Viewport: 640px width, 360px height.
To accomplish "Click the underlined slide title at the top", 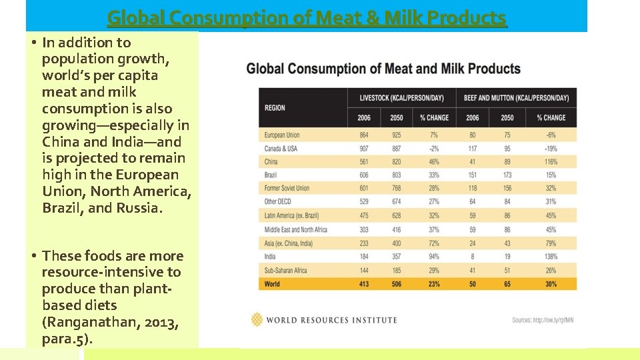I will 307,17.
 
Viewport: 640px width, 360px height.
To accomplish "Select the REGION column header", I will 275,107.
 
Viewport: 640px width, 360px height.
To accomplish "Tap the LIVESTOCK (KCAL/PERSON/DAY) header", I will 402,97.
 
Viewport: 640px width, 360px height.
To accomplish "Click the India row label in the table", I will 270,257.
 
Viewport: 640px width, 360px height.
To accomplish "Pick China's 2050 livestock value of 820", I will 397,161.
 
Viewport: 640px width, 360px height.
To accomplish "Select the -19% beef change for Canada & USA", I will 550,148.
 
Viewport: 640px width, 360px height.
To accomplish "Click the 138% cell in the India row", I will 550,257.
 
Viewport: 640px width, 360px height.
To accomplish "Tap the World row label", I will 272,284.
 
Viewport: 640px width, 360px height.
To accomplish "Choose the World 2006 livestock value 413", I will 364,284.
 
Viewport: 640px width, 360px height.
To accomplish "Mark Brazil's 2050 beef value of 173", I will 506,175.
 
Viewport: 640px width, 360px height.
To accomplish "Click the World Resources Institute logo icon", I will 257,319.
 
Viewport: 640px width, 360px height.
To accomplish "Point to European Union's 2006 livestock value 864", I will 364,135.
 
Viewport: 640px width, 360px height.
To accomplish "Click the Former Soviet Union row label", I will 287,189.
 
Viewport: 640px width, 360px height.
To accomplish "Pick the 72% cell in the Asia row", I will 434,243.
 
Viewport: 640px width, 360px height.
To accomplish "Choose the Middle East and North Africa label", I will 295,230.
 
